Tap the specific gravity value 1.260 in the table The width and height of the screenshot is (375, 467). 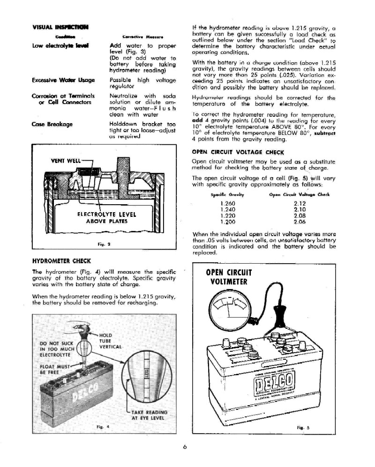point(227,204)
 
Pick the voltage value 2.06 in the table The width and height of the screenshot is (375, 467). point(299,222)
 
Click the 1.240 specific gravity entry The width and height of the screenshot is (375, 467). point(227,210)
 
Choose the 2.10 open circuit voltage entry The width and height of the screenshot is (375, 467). point(299,210)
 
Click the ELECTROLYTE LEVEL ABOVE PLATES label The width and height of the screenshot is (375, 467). point(103,218)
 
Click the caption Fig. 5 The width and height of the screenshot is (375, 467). point(302,428)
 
